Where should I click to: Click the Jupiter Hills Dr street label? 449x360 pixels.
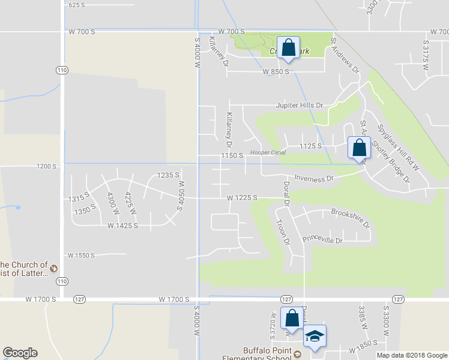click(x=299, y=105)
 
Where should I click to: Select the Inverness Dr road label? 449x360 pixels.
click(x=313, y=178)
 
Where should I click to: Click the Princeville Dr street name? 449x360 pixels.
click(x=322, y=239)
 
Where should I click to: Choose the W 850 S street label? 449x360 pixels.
click(x=276, y=71)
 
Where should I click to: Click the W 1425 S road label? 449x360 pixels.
click(x=123, y=226)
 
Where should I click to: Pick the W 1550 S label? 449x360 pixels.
click(x=82, y=255)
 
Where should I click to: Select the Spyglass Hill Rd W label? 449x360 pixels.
click(x=397, y=146)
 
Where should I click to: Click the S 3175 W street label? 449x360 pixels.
click(x=426, y=54)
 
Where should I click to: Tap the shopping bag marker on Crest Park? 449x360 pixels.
click(x=288, y=47)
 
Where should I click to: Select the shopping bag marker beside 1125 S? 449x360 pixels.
click(x=359, y=148)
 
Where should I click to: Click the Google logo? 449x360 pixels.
click(x=20, y=353)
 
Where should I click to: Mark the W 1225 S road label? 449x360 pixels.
click(x=242, y=197)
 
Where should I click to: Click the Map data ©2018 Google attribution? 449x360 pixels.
click(x=412, y=355)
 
